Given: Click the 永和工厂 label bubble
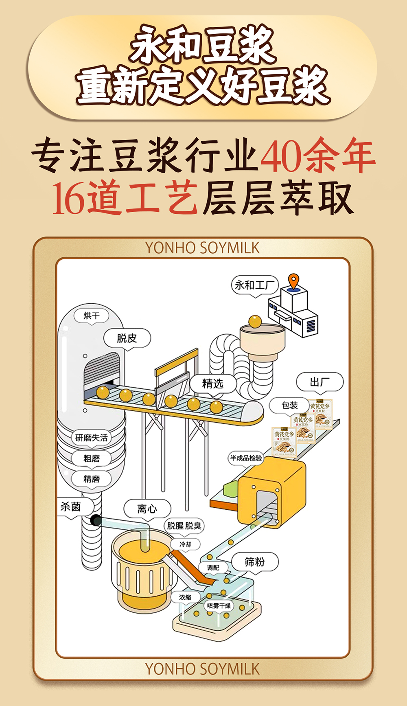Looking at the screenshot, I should pos(255,285).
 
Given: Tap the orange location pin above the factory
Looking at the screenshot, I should pos(293,281).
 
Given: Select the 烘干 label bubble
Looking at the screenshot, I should pos(92,316).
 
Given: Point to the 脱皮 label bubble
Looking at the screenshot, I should pos(127,338).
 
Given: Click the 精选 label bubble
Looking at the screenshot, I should pos(213,384).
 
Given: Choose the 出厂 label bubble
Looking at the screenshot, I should pos(320,382).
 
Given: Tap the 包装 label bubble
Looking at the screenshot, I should pos(290,405).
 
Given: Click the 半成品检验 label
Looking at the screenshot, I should pos(246,458).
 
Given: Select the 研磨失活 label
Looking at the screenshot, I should pos(92,438).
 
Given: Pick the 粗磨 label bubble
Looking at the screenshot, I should pos(92,458).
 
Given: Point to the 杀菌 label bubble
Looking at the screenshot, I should pos(71,507).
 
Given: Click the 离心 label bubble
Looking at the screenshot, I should pos(147,509).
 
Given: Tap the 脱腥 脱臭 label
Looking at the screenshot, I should pos(184,526).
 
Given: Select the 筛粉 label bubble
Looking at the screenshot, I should pos(255,562).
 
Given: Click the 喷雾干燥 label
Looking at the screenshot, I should pos(219,605).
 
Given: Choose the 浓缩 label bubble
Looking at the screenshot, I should pos(185,597).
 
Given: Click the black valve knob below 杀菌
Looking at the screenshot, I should pos(96,520).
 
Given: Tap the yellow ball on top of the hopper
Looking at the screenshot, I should pos(255,321).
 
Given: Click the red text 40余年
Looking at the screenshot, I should pos(317,156).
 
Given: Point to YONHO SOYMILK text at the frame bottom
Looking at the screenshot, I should pos(202,669).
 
